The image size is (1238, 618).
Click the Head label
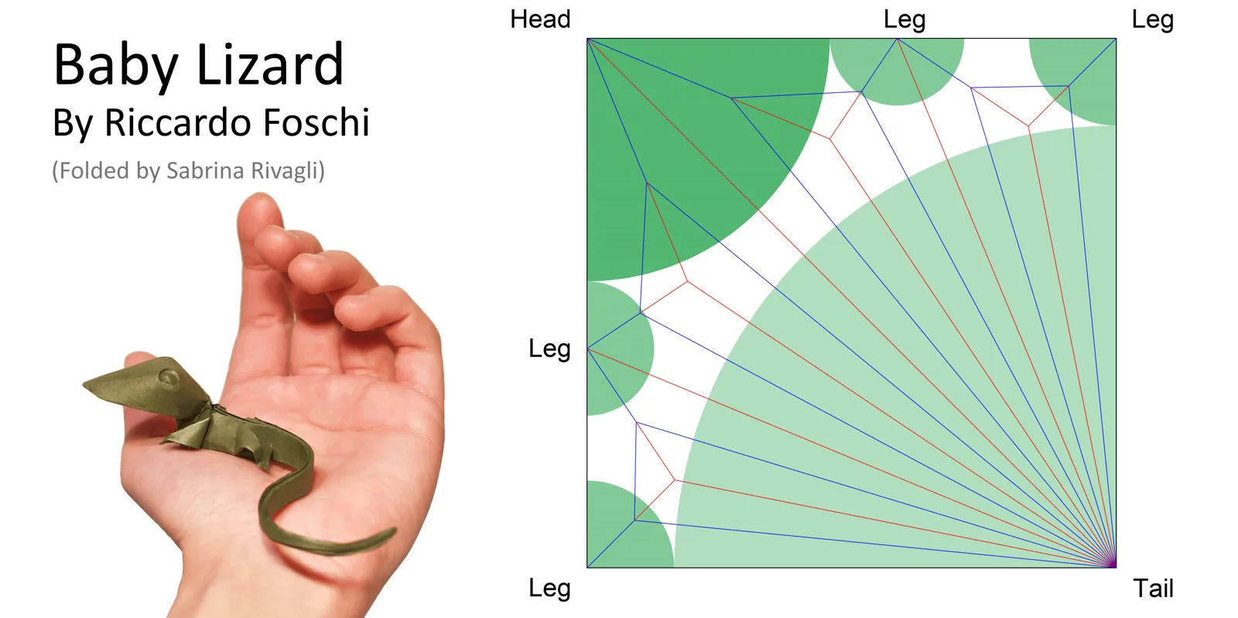coord(540,19)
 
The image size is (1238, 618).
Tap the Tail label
coord(1154,588)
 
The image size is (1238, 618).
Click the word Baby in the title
coord(115,65)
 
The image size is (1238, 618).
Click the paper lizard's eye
coord(168,378)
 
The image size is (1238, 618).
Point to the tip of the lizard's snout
coord(84,383)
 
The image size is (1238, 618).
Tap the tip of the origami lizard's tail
coord(394,531)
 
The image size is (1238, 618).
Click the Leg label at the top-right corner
coord(1153,20)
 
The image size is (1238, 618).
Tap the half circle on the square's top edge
coord(897,67)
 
